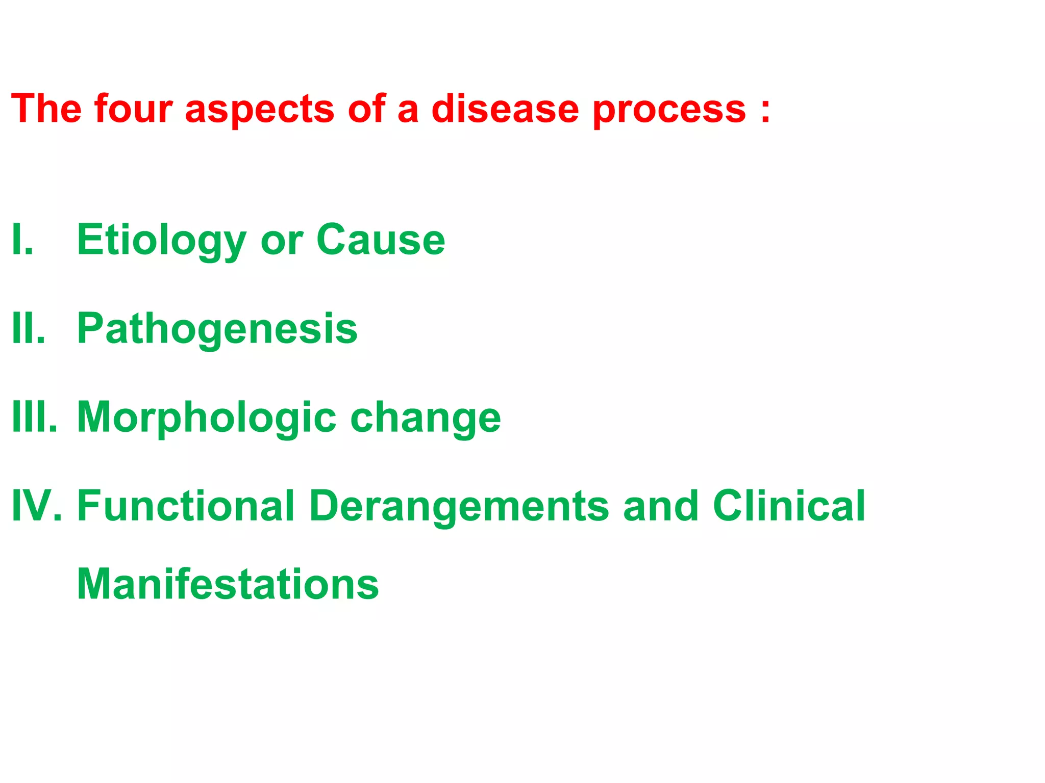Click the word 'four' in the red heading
[133, 109]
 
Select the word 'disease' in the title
[505, 109]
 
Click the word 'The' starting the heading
[46, 109]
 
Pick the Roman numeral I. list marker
[22, 240]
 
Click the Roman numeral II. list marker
[29, 328]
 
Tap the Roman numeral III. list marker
[35, 417]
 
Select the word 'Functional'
[186, 506]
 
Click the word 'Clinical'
[789, 506]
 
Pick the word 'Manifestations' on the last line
[228, 584]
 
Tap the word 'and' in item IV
[661, 506]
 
